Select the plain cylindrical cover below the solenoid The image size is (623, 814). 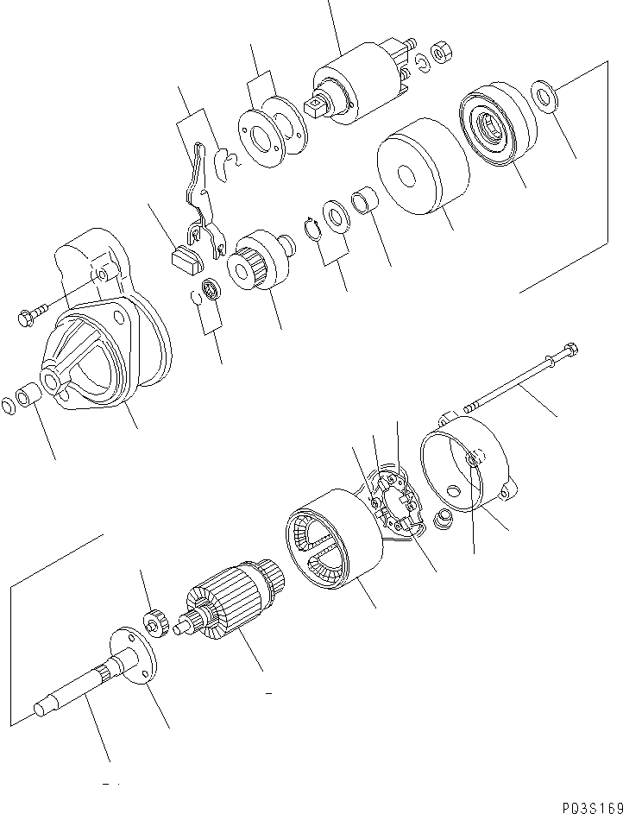(x=423, y=167)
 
